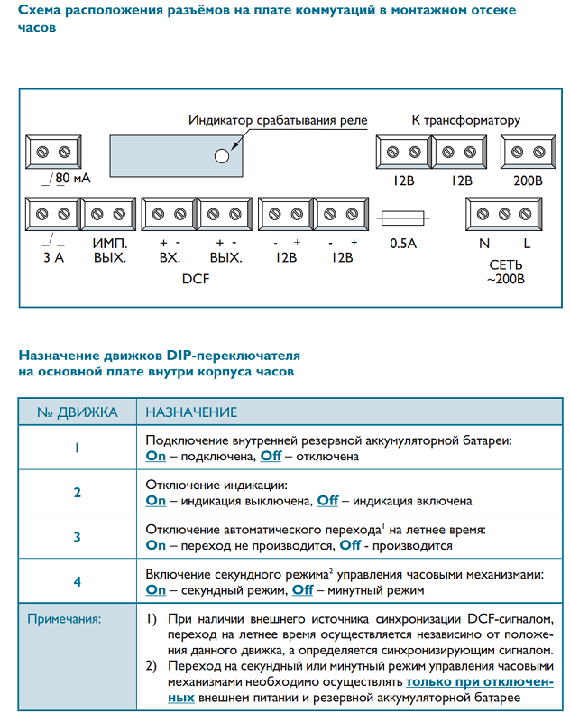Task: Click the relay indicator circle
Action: coord(221,155)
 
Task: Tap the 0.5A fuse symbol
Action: coord(402,218)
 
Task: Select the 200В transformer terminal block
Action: coord(527,151)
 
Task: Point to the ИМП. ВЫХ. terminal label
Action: coord(109,251)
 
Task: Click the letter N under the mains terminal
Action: coord(484,244)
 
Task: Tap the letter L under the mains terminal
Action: coord(527,244)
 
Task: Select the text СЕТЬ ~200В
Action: coord(505,273)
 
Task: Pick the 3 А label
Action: coord(53,258)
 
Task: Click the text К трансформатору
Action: coord(466,120)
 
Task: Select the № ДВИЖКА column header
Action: coord(78,412)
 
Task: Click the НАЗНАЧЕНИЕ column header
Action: coord(191,412)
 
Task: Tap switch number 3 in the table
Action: coord(78,537)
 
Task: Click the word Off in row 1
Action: coord(271,457)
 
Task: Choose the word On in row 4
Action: coord(156,589)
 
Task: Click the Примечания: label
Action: coord(64,620)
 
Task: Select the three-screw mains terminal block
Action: coord(505,214)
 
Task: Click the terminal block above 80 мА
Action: coord(53,151)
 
